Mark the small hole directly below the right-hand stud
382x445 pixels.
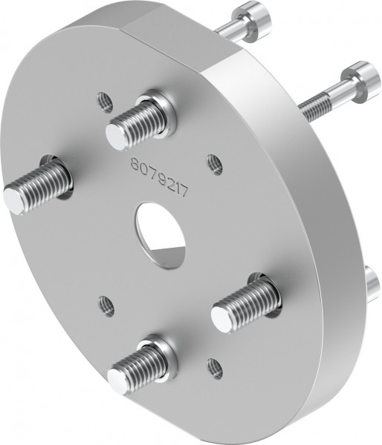point(214,365)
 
